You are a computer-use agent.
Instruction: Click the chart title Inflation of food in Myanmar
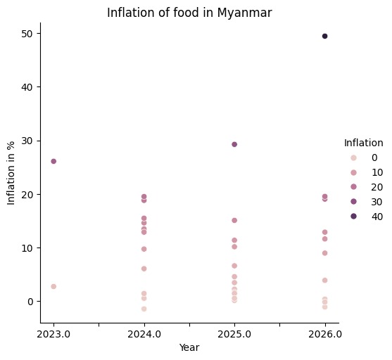[x=189, y=12]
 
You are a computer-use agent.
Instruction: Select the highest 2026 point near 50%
[x=324, y=36]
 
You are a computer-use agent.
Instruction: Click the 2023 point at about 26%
[x=53, y=161]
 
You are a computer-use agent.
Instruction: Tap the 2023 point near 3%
[x=53, y=286]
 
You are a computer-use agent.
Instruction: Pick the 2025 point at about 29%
[x=234, y=144]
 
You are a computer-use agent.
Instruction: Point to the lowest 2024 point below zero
[x=144, y=309]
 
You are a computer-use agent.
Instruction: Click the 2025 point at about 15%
[x=234, y=220]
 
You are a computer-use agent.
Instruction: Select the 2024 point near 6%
[x=144, y=269]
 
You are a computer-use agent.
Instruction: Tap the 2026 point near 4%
[x=324, y=280]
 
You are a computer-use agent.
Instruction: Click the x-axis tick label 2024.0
[x=144, y=334]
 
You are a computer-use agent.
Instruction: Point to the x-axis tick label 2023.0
[x=53, y=334]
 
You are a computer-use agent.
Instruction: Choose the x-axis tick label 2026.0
[x=324, y=334]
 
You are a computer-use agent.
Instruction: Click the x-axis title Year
[x=189, y=347]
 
